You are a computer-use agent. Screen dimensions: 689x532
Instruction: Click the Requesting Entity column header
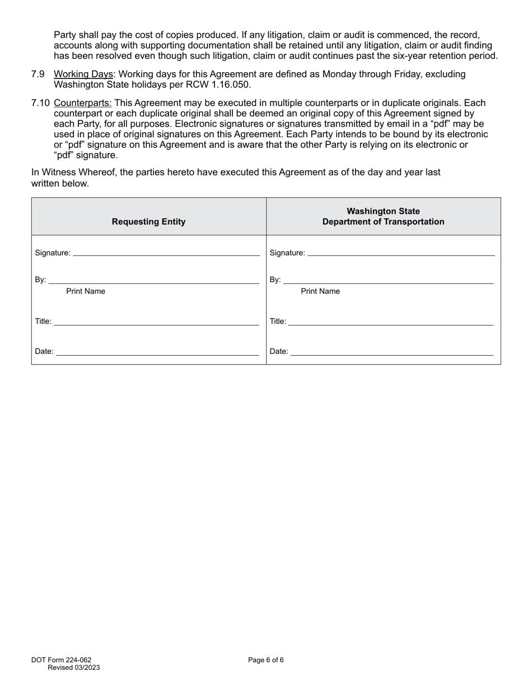pos(148,222)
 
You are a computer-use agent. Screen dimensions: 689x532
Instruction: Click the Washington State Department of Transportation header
pos(383,216)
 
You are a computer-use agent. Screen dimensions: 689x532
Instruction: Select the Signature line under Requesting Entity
pos(166,253)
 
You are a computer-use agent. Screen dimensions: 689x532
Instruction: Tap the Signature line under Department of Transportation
pos(401,253)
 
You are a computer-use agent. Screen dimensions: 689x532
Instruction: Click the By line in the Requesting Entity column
pos(153,280)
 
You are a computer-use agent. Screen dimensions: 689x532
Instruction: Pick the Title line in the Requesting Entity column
pos(156,322)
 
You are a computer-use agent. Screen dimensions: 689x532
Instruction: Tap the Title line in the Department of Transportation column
pos(391,322)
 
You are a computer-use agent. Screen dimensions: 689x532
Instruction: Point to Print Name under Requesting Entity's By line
pos(86,291)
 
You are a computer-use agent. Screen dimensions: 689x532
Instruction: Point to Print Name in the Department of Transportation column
pos(320,291)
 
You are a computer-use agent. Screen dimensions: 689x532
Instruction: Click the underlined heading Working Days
pos(83,74)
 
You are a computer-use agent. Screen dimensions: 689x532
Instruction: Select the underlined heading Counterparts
pos(83,103)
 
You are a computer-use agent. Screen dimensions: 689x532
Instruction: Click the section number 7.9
pos(38,74)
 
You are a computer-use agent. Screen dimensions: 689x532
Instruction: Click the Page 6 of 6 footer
pos(266,660)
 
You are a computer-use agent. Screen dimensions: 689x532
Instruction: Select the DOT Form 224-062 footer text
pos(62,660)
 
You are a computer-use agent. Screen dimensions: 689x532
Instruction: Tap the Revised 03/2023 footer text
pos(74,667)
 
